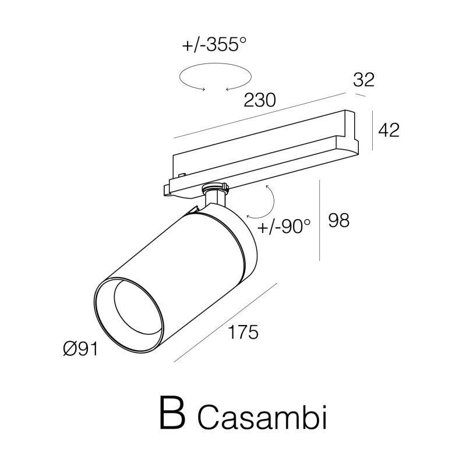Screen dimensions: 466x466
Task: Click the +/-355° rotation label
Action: (214, 45)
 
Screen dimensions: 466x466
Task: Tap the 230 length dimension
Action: (260, 100)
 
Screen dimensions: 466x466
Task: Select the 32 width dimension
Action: (363, 80)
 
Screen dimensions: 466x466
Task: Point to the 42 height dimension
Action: (389, 130)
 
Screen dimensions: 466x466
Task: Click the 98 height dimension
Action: (339, 220)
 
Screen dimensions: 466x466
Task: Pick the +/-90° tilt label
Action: (284, 227)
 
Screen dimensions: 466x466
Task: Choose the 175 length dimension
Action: (243, 332)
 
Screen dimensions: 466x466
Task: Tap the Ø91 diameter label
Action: (80, 348)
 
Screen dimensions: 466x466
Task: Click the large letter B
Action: (172, 413)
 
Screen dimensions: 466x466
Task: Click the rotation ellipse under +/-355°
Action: (179, 77)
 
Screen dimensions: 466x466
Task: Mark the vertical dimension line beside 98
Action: (319, 220)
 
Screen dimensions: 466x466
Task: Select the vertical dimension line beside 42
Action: (373, 130)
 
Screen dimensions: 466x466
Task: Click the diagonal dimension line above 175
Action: (225, 323)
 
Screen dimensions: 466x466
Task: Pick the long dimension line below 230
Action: (260, 115)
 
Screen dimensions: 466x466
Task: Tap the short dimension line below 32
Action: (360, 95)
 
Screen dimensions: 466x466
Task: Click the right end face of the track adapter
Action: (352, 133)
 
